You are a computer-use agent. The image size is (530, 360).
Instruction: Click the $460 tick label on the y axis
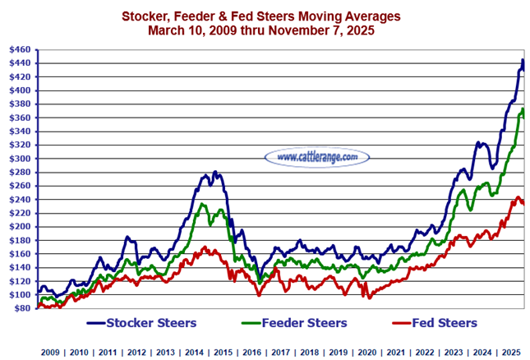click(x=19, y=49)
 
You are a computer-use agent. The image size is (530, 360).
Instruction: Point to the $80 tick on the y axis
click(x=19, y=308)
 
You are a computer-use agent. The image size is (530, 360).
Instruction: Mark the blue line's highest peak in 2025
click(x=523, y=61)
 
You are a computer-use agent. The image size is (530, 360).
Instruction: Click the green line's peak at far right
click(x=522, y=109)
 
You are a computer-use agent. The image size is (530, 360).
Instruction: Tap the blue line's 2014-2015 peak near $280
click(x=215, y=173)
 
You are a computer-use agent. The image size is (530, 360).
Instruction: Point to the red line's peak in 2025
click(x=518, y=197)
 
